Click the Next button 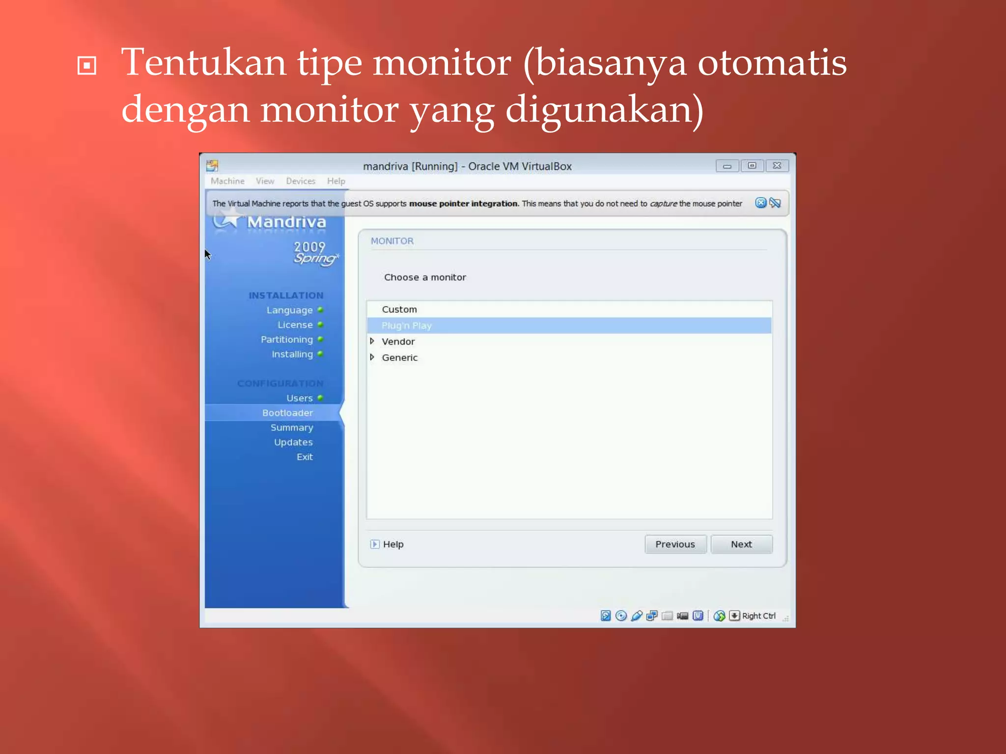click(x=741, y=544)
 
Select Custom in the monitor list click(x=399, y=309)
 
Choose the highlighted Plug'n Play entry click(x=407, y=325)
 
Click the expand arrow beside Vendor click(x=372, y=341)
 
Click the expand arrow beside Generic click(x=372, y=357)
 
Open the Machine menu click(x=227, y=181)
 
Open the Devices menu click(x=301, y=181)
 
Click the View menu click(x=265, y=181)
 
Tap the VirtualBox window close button click(x=777, y=166)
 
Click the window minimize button click(x=727, y=166)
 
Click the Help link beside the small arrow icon click(x=393, y=544)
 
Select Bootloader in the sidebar click(x=287, y=413)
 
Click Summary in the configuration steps click(x=292, y=428)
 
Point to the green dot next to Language click(x=320, y=310)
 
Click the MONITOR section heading click(x=392, y=241)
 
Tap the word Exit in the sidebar click(x=305, y=457)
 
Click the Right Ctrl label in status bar click(x=758, y=616)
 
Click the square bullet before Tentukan click(x=87, y=66)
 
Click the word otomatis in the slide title click(x=772, y=63)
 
